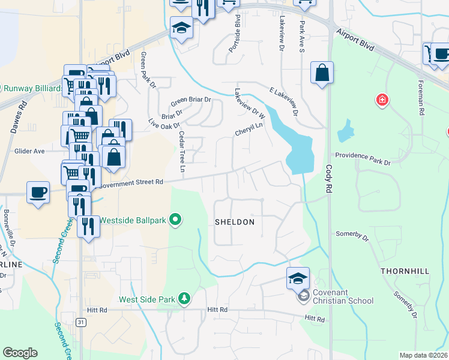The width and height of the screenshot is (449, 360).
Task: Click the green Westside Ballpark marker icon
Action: (x=175, y=220)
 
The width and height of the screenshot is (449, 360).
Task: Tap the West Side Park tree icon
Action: (x=185, y=298)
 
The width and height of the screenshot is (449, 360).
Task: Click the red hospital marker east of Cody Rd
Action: (x=382, y=100)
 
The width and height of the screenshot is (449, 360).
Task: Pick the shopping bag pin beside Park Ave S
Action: (x=322, y=73)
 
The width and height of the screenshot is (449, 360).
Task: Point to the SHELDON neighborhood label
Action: (x=235, y=222)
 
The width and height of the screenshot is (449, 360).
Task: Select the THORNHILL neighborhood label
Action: (x=405, y=272)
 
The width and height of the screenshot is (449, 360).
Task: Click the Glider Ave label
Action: (x=30, y=152)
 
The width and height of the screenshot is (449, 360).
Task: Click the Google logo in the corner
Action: (x=20, y=353)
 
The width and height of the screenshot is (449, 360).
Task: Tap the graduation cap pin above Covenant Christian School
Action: (x=298, y=278)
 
